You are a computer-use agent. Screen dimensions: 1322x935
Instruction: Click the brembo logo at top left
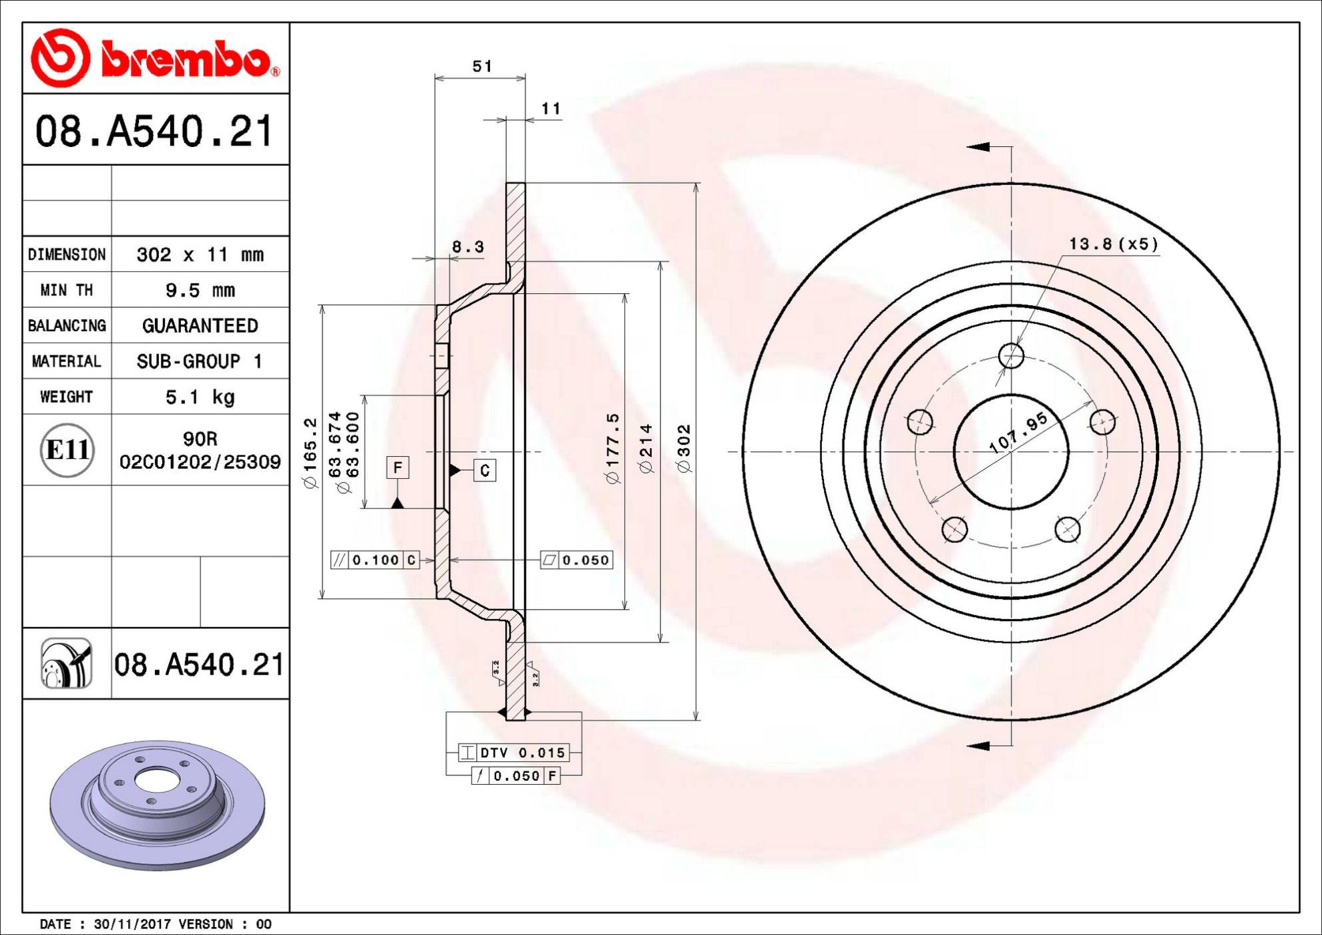[x=156, y=58]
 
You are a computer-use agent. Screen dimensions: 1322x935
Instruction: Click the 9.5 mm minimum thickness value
[x=200, y=291]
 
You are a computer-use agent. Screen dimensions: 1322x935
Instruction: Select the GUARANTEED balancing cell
[x=200, y=326]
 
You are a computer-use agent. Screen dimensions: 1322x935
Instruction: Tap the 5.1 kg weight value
[x=200, y=397]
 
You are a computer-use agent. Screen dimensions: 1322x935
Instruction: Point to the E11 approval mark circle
[x=67, y=450]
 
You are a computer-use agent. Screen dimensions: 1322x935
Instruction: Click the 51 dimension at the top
[x=482, y=66]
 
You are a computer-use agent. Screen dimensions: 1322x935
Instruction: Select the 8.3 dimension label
[x=467, y=247]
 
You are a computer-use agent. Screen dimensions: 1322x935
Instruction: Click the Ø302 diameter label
[x=684, y=449]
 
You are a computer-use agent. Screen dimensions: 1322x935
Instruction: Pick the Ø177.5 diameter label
[x=612, y=448]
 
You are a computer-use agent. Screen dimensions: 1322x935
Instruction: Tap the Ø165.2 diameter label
[x=310, y=453]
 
